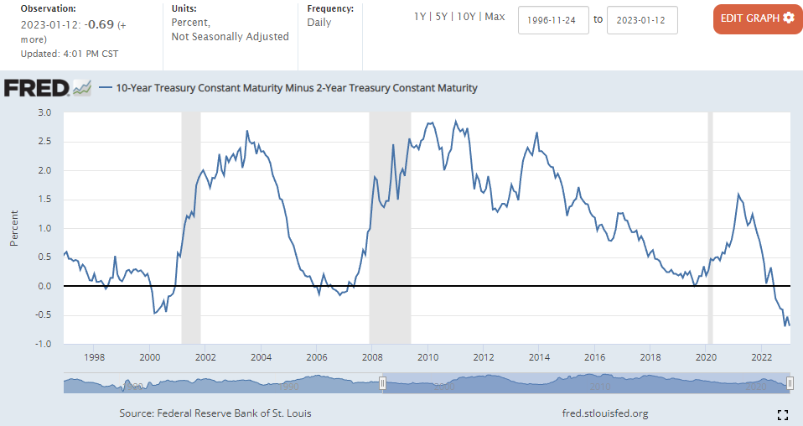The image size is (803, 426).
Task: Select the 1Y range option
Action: tap(421, 17)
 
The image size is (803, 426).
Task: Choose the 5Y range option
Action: tap(442, 17)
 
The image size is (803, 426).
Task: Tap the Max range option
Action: tap(495, 17)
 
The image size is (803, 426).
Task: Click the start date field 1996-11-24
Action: tap(553, 19)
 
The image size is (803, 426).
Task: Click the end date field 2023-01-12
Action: tap(642, 19)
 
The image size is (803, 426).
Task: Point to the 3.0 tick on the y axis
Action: tap(44, 112)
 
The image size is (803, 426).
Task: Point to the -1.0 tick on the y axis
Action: tap(43, 344)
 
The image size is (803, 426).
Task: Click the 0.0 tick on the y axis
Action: tap(44, 286)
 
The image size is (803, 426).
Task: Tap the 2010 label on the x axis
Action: tap(427, 357)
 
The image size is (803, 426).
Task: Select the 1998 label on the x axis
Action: tap(95, 357)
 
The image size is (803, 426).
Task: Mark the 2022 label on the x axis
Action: tap(760, 357)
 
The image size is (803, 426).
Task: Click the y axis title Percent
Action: tap(14, 228)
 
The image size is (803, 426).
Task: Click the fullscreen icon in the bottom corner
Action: tap(783, 414)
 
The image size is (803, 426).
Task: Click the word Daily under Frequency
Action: tap(319, 23)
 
